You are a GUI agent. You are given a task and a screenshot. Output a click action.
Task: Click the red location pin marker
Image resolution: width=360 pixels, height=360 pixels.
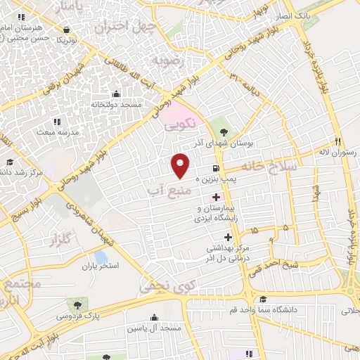click(181, 165)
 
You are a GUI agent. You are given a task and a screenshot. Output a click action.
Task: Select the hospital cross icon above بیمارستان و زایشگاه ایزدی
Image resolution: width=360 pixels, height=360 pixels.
click(215, 198)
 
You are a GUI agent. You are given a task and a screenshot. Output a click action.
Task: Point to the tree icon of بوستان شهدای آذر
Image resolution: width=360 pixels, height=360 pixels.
click(224, 131)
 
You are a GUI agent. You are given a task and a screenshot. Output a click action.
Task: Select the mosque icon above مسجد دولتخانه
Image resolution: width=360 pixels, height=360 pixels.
click(116, 94)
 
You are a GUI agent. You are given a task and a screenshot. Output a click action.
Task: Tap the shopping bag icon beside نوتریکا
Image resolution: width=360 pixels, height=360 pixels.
click(66, 30)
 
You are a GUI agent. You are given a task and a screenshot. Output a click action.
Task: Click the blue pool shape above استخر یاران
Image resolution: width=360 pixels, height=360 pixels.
click(101, 257)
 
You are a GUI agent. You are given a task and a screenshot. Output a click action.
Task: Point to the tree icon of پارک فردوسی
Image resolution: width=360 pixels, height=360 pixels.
click(75, 305)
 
